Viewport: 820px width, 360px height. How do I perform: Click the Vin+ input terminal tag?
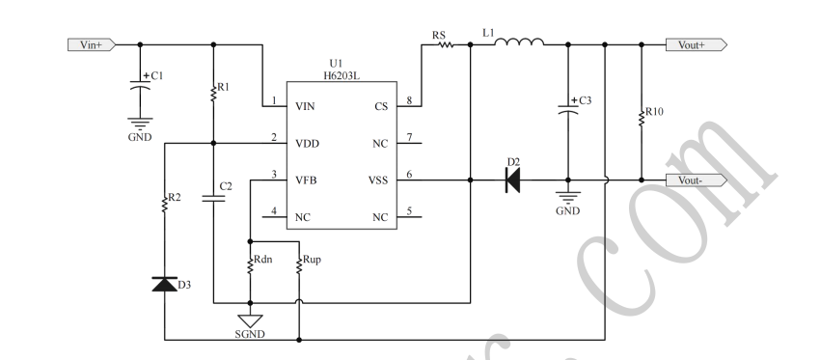click(x=91, y=44)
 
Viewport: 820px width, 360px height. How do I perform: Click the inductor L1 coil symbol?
click(x=523, y=42)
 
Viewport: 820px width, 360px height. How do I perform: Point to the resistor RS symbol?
click(x=447, y=44)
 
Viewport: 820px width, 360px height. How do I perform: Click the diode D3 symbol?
click(x=165, y=284)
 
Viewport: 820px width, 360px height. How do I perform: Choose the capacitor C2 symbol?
click(x=214, y=198)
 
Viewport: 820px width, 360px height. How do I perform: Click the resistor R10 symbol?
click(x=640, y=117)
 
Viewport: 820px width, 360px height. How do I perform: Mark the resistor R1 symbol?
click(x=214, y=93)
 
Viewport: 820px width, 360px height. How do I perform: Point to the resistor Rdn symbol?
click(x=250, y=264)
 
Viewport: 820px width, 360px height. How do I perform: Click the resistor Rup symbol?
click(x=299, y=264)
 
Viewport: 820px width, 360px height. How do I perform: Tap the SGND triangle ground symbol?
click(x=250, y=319)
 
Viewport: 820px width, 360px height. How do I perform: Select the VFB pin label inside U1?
click(x=308, y=180)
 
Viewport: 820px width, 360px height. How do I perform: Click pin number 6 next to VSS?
click(x=409, y=174)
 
